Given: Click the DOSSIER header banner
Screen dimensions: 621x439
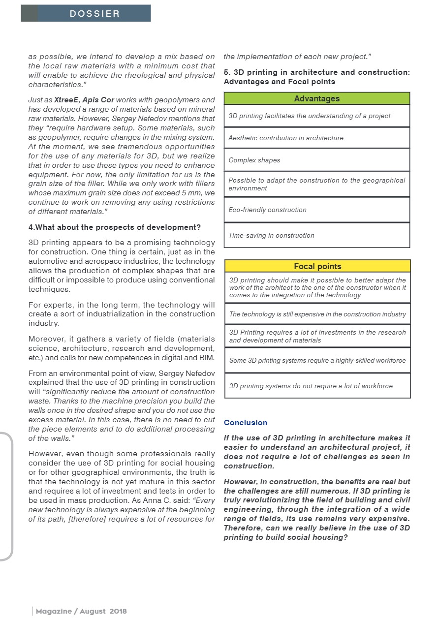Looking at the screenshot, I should coord(86,13).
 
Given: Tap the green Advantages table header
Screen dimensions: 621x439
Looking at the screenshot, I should coord(316,98).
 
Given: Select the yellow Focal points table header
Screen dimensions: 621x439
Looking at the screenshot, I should coord(317,266).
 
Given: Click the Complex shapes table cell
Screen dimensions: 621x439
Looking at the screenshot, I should coord(317,160).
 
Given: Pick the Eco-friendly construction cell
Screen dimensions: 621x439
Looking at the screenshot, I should coord(317,210).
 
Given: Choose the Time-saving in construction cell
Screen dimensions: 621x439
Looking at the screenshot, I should coord(317,235).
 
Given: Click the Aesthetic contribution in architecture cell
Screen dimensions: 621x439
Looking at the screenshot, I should coord(317,138).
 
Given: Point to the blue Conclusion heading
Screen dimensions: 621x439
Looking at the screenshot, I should coord(245,422).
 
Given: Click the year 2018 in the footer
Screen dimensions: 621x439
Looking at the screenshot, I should coord(118,611).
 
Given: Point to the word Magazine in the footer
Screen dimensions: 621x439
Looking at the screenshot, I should coord(53,611).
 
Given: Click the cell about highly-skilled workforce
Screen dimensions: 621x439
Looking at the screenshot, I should coord(317,360).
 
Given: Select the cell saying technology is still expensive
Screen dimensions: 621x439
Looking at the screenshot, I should coord(317,314).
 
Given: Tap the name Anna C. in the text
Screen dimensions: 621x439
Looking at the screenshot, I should coord(157,500).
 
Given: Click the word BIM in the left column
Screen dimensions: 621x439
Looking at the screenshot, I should coord(207,357).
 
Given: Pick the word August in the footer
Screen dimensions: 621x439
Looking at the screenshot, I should coord(93,611).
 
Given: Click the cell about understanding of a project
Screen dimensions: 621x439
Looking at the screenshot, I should coord(317,116).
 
